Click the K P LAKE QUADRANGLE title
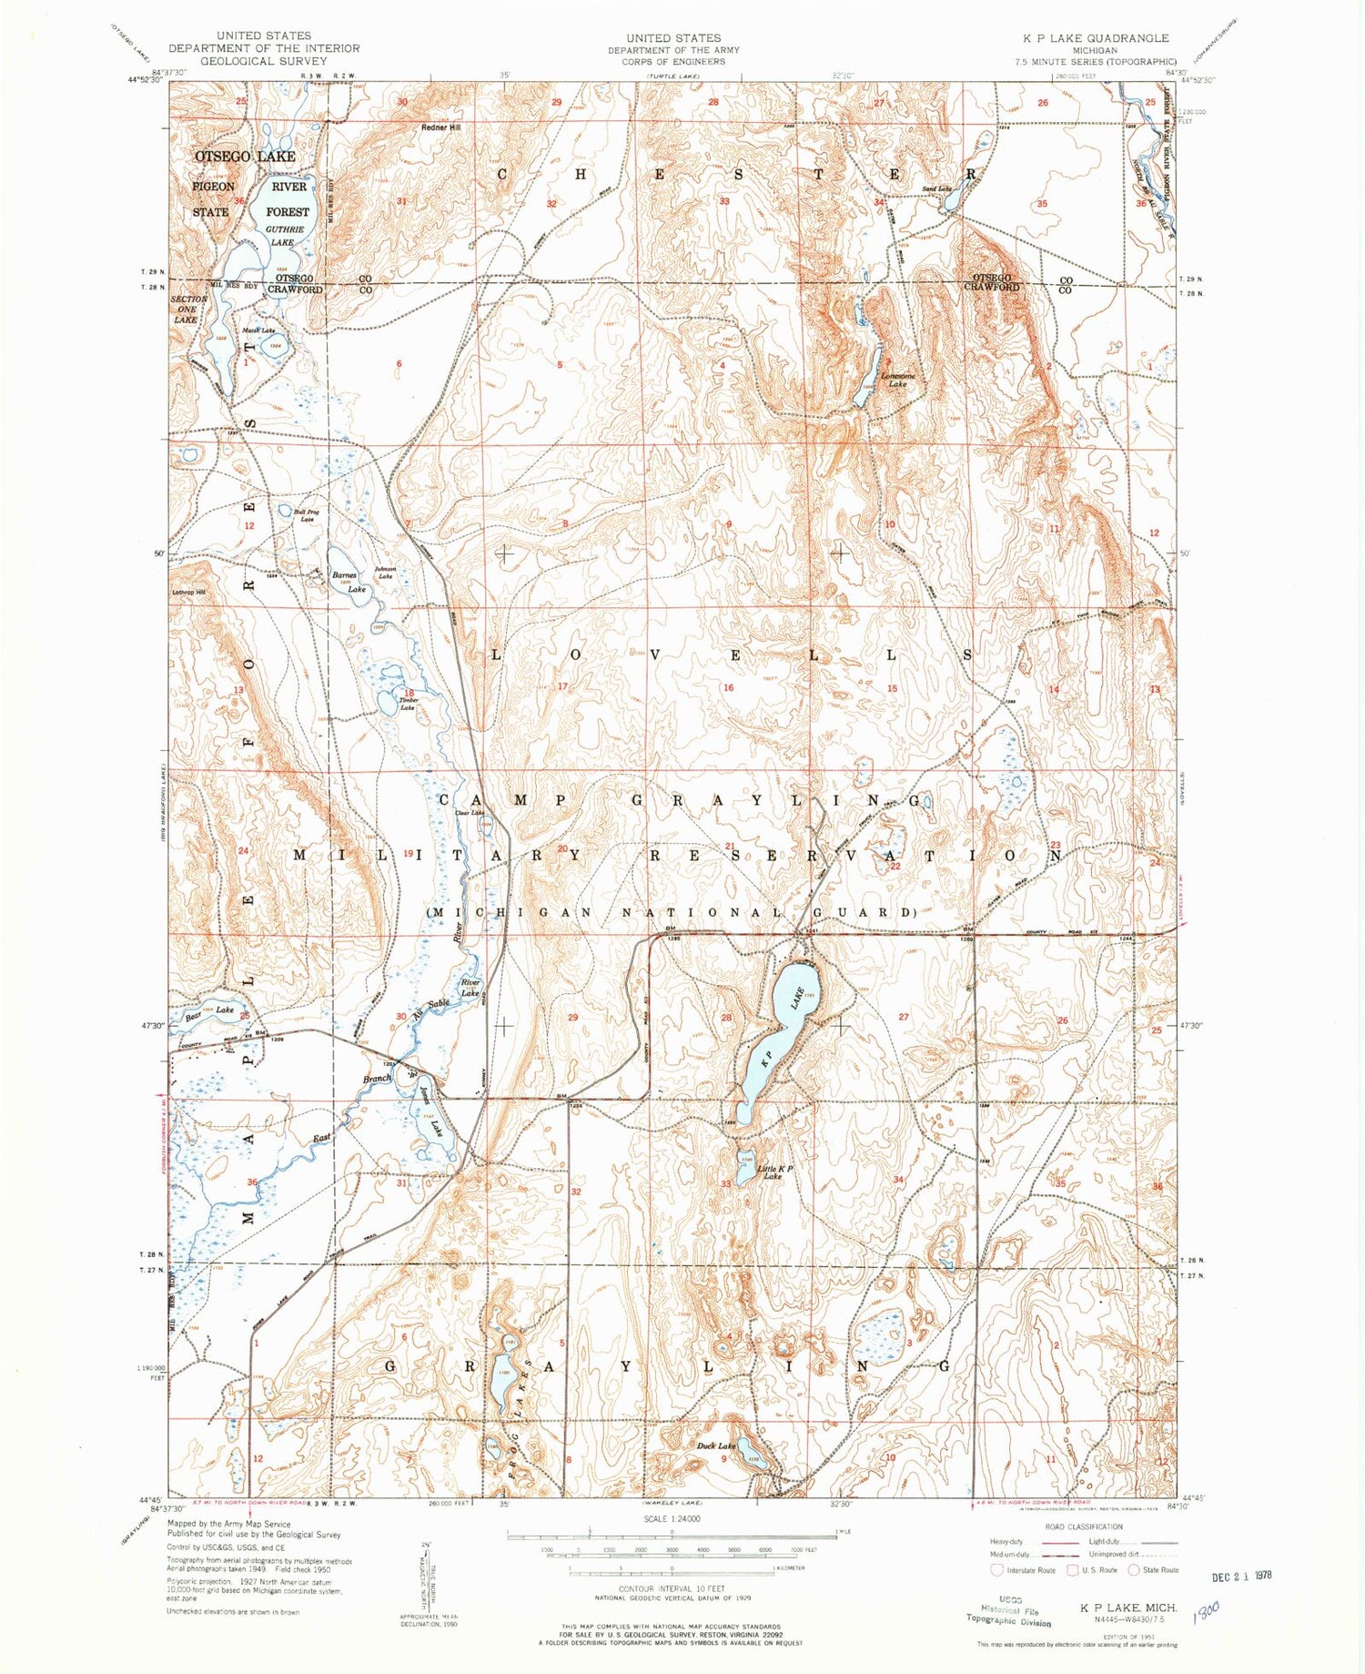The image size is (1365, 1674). [1096, 37]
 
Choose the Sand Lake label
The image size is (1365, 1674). [936, 189]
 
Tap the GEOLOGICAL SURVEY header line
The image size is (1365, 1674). [263, 61]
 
